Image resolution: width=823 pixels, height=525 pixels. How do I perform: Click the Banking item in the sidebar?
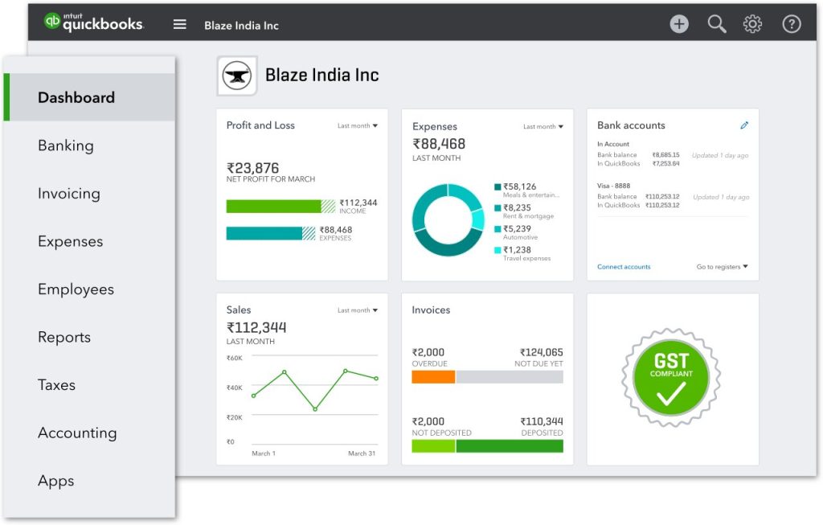click(x=66, y=146)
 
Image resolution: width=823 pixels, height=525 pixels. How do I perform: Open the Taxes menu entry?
click(x=56, y=385)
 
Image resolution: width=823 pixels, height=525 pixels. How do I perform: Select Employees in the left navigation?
click(x=76, y=289)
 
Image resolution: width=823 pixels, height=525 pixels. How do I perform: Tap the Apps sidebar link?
click(x=55, y=481)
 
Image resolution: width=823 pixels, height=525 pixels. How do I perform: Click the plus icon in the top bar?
click(x=679, y=24)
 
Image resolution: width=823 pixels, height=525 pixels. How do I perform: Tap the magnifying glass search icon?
click(x=716, y=24)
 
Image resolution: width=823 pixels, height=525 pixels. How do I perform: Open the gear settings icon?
click(x=753, y=24)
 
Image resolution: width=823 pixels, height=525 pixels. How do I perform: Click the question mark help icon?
click(x=792, y=24)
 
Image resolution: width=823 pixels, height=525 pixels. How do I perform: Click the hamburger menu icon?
click(x=180, y=25)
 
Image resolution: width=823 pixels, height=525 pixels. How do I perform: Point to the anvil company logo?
click(x=237, y=76)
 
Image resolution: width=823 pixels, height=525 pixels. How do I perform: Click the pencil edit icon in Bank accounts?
click(x=744, y=125)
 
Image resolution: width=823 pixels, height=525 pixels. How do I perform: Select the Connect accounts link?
click(x=624, y=267)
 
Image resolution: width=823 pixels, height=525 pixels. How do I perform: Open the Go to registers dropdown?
click(x=722, y=267)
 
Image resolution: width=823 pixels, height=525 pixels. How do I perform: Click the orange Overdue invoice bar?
click(x=433, y=376)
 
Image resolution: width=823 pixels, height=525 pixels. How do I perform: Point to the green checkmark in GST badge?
click(x=671, y=393)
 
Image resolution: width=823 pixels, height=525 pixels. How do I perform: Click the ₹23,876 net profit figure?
click(x=253, y=168)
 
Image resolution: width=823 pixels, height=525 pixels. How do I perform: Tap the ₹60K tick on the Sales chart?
click(x=235, y=359)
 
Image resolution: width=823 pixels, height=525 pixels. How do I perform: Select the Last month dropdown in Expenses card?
click(x=543, y=127)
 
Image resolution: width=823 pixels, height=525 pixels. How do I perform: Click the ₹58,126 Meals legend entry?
click(x=519, y=187)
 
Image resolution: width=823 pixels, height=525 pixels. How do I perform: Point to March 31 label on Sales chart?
click(x=362, y=453)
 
